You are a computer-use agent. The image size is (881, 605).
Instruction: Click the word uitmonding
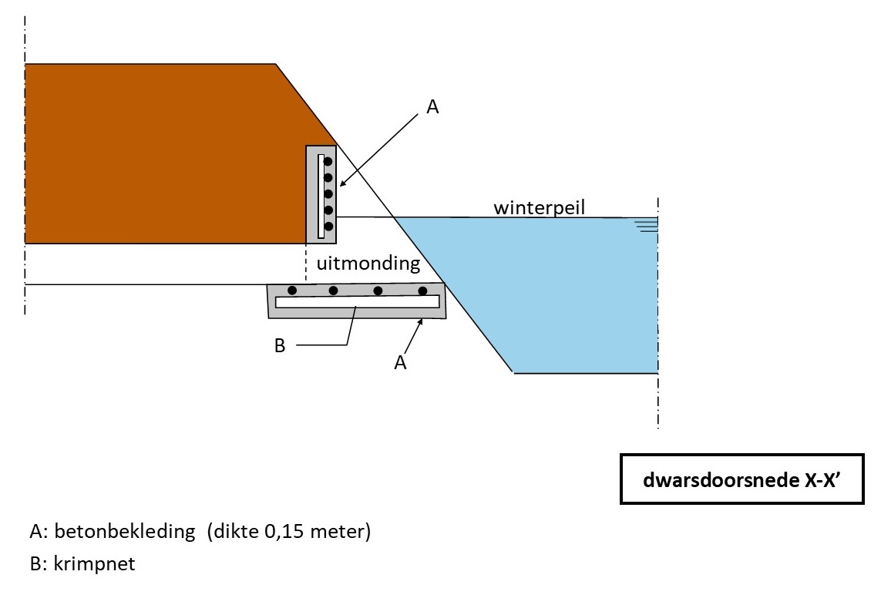point(368,264)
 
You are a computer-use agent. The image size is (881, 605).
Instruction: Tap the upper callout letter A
point(432,108)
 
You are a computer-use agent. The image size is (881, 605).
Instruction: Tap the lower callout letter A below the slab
point(400,362)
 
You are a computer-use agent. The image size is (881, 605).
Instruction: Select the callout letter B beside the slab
point(280,346)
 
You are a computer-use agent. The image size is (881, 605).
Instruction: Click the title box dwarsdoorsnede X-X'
point(741,479)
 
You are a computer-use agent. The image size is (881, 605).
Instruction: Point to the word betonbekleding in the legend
point(124,533)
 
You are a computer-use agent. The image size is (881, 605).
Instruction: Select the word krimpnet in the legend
point(94,563)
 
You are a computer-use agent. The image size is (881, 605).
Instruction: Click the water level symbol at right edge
point(646,224)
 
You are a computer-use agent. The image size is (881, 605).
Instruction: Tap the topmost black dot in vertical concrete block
point(328,162)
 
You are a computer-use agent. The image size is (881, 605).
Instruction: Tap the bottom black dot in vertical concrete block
point(328,226)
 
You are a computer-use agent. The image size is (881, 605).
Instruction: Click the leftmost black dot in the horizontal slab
point(292,291)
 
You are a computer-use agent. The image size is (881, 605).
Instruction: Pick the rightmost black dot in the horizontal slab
point(422,291)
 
